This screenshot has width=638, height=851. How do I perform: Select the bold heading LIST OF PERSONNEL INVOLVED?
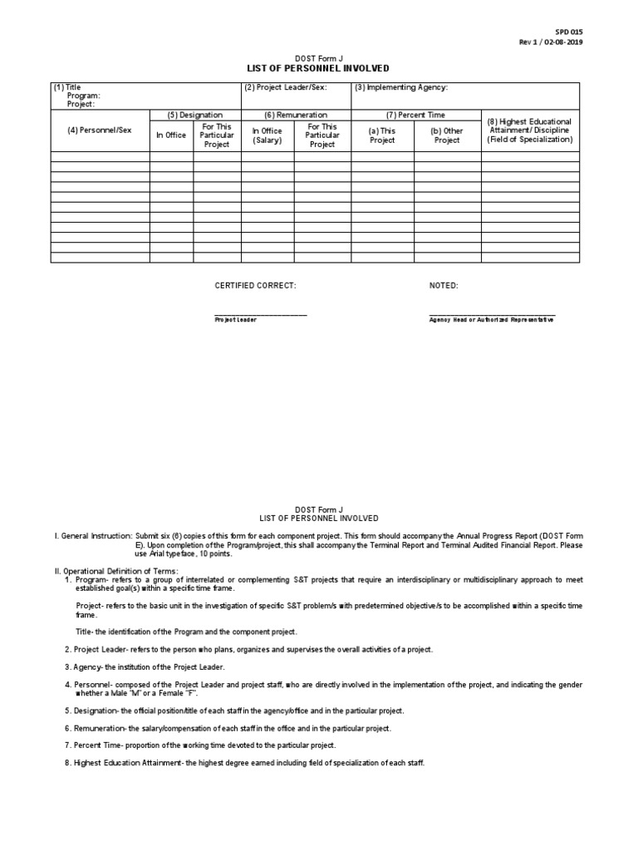(318, 68)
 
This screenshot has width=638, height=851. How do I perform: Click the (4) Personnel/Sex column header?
(100, 130)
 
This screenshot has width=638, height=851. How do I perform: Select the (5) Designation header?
(195, 115)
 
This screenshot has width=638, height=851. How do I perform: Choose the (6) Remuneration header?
(296, 115)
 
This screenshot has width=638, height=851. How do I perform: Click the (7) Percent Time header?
(416, 115)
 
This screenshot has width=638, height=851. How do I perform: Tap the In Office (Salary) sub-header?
(267, 135)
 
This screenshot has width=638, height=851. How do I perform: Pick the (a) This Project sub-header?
(382, 135)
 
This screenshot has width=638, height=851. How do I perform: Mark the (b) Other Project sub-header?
(447, 135)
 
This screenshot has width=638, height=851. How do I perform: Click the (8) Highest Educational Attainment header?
(530, 130)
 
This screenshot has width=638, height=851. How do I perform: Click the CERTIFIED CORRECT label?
(255, 286)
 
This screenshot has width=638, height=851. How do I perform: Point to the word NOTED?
(444, 286)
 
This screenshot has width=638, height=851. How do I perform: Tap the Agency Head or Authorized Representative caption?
(492, 320)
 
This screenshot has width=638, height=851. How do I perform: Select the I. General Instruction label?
(91, 536)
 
